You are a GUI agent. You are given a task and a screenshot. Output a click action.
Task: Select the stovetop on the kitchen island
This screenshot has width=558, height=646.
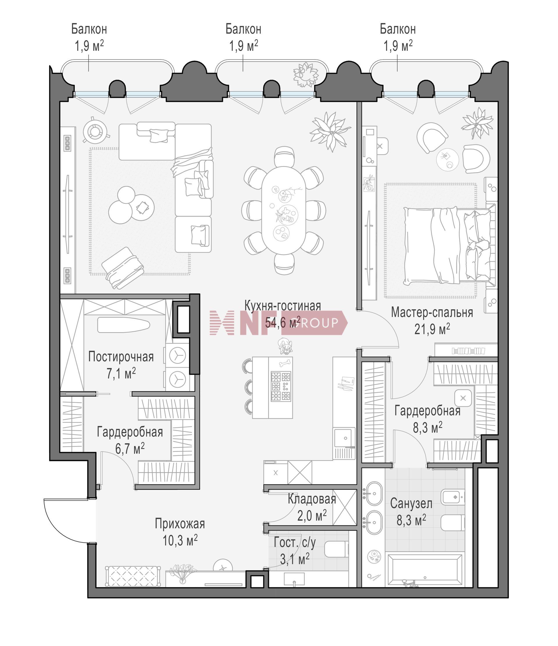coord(281,386)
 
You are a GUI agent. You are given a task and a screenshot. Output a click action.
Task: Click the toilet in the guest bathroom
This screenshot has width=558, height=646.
coord(336,549)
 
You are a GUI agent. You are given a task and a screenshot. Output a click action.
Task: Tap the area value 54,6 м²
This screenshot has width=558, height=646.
coord(282,322)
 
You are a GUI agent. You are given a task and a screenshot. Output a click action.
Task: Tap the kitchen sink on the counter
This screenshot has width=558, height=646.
coord(344,438)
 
